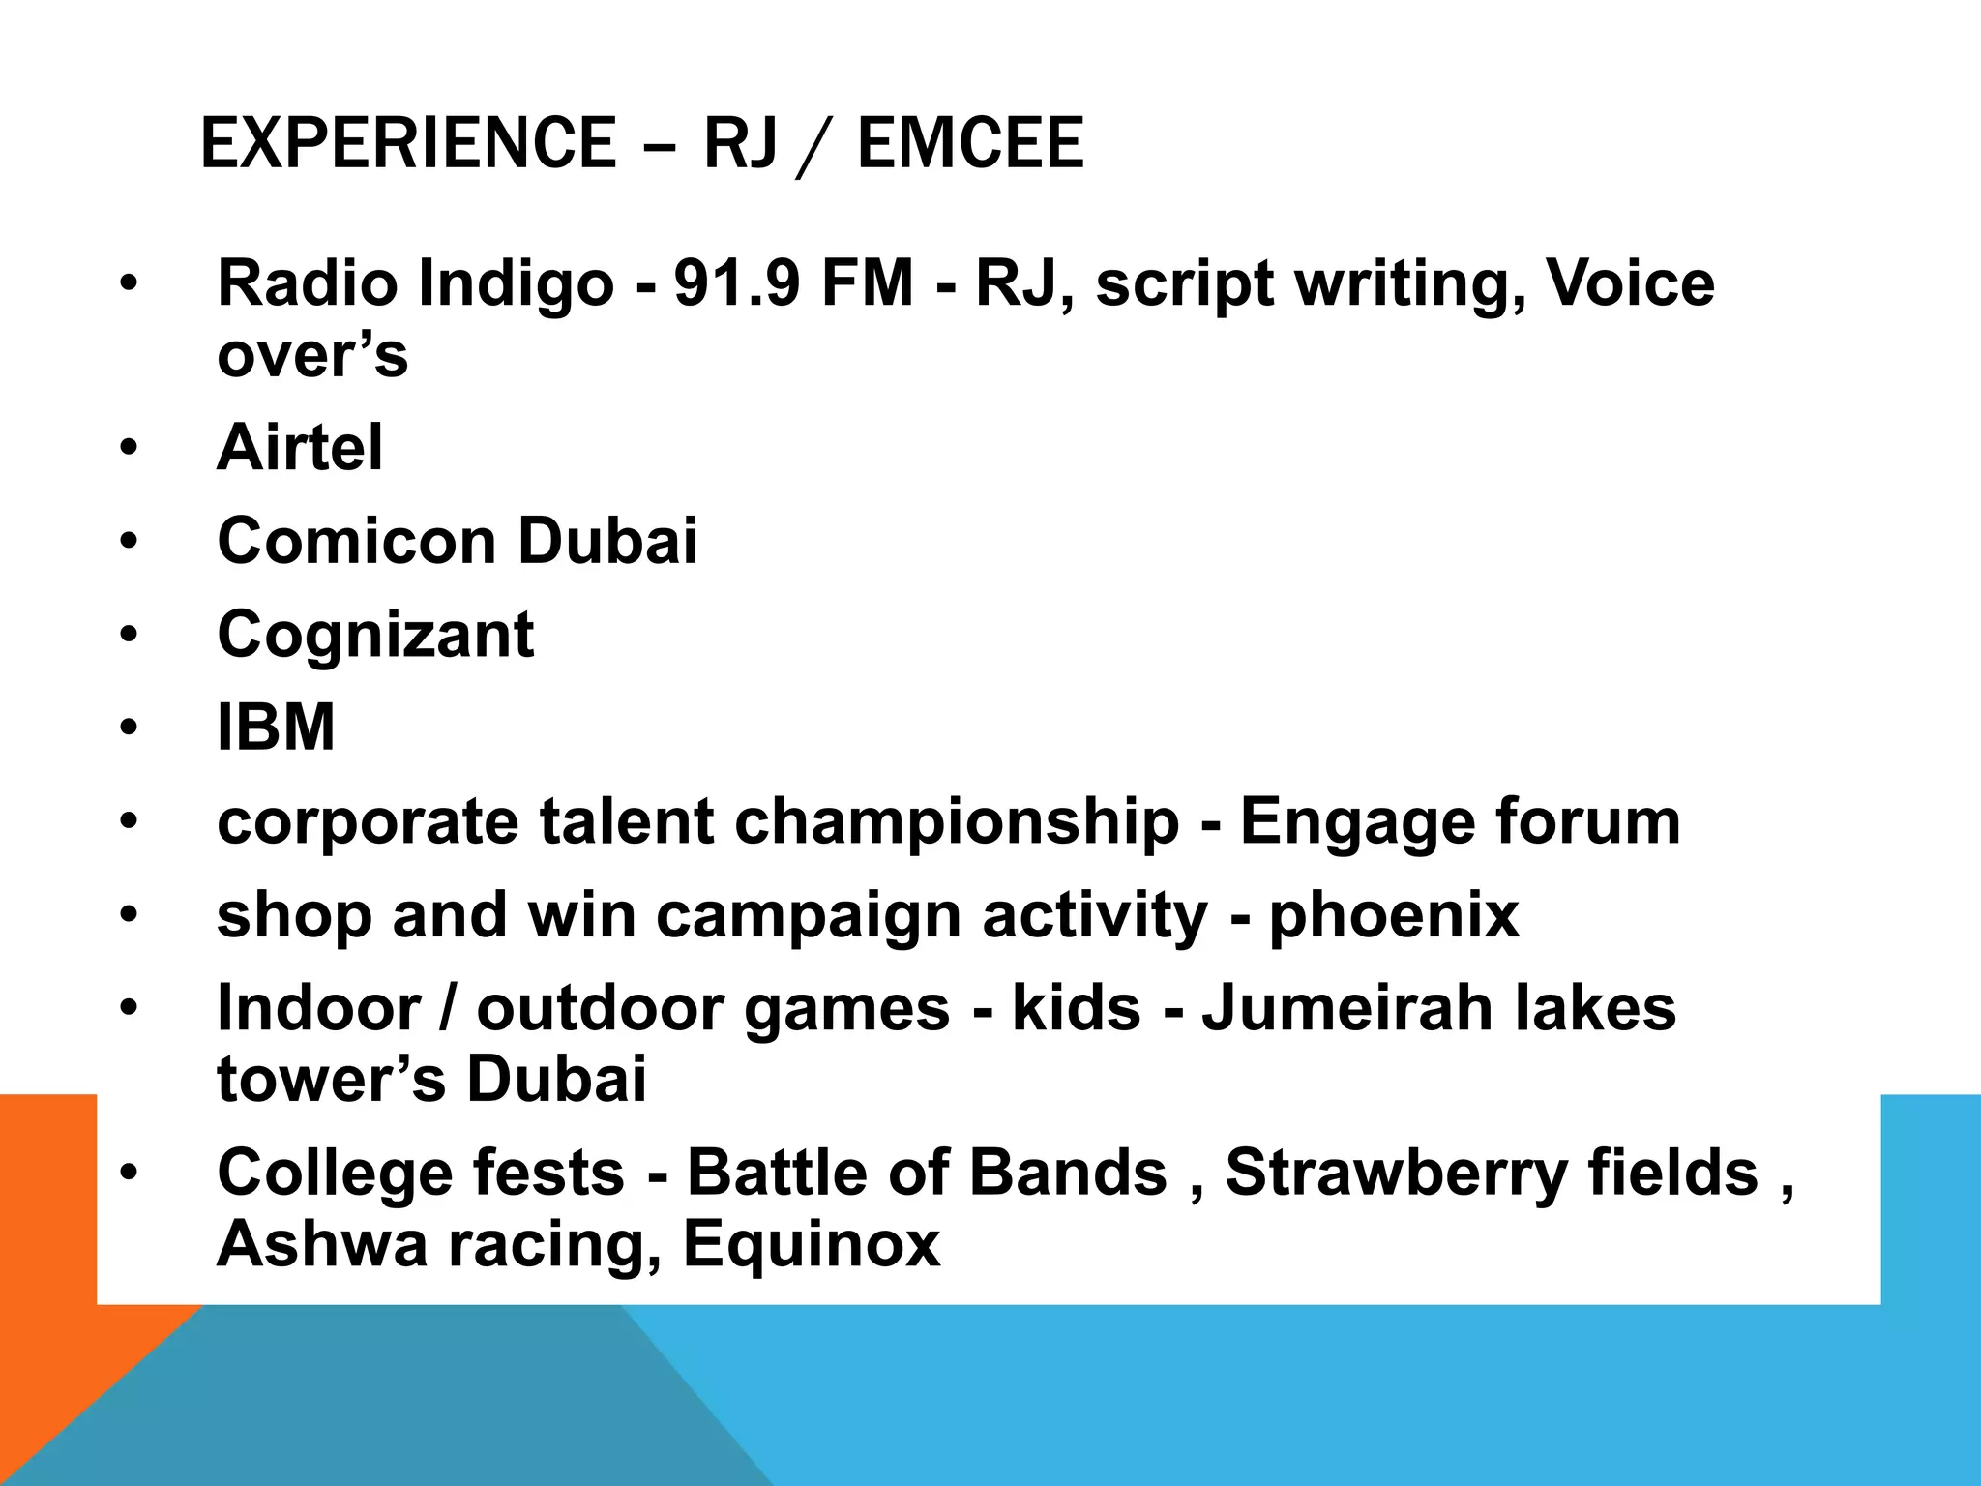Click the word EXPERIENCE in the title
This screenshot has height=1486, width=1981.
[407, 143]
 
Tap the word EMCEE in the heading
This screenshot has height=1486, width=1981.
[970, 143]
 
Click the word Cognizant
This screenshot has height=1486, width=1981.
[375, 636]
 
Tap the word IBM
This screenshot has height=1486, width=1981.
[276, 727]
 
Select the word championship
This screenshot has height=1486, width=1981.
[957, 823]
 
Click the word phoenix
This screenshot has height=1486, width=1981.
[1394, 916]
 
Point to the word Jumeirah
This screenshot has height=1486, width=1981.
[1346, 1008]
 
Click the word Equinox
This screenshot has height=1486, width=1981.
[812, 1245]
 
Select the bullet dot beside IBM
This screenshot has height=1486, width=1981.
[129, 727]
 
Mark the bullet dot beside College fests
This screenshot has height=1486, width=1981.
[129, 1173]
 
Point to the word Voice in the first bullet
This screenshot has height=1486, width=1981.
[1630, 283]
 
